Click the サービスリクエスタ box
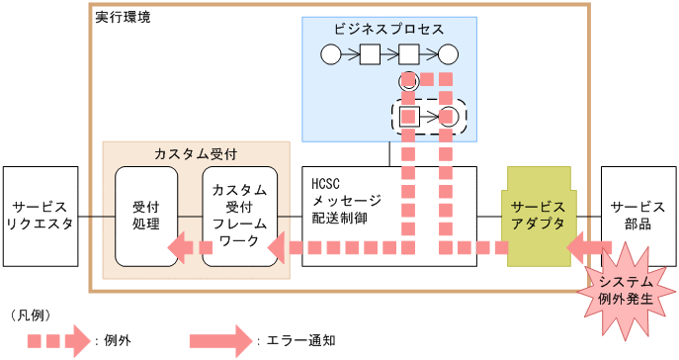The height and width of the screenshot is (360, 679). (41, 216)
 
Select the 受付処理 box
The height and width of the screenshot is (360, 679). (145, 216)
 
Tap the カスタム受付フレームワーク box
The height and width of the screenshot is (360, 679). (238, 216)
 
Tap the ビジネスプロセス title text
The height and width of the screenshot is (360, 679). (389, 30)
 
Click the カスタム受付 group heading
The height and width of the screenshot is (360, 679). (196, 154)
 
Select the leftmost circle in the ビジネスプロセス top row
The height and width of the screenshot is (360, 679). (330, 53)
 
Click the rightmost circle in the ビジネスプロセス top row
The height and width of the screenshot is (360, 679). (449, 53)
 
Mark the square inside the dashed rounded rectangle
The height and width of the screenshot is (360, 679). (409, 117)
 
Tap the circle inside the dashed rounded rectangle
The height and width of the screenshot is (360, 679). (449, 117)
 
